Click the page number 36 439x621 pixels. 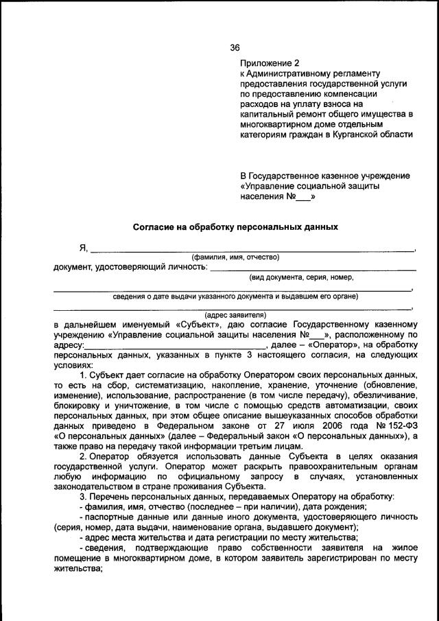(x=235, y=47)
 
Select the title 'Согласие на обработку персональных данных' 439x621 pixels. (x=235, y=226)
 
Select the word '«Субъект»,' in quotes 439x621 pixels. (x=199, y=325)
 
